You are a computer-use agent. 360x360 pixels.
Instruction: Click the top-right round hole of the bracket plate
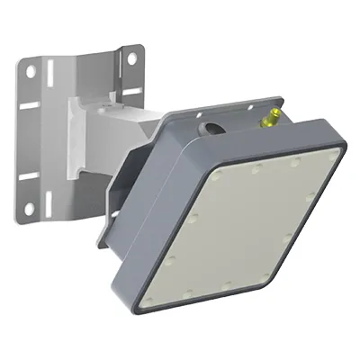pos(130,58)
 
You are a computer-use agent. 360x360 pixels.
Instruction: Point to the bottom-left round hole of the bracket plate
pos(29,208)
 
